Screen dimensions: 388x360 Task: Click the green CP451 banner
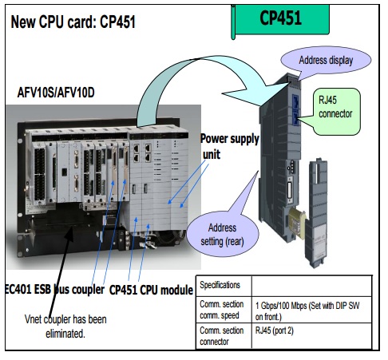tap(280, 19)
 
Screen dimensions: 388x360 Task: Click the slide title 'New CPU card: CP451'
tap(73, 22)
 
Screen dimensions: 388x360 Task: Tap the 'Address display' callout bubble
tap(326, 61)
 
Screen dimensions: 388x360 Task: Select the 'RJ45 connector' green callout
tap(335, 111)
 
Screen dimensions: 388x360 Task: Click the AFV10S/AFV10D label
tap(56, 93)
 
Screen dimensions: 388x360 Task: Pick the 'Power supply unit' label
tap(229, 146)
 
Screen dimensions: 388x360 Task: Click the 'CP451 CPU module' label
tap(151, 290)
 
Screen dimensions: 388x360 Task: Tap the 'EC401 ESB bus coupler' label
tap(54, 289)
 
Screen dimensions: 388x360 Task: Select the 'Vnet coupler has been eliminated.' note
tap(65, 326)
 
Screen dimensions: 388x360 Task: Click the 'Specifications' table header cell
tap(224, 286)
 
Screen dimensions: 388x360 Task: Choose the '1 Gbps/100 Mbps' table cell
tap(311, 311)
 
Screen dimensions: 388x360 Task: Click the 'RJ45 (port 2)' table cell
tap(311, 335)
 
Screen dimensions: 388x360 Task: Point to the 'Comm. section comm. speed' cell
tap(224, 310)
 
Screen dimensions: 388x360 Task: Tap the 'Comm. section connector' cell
tap(224, 335)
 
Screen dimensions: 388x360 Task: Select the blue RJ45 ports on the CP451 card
tap(295, 109)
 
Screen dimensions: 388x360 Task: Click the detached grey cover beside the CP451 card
tap(317, 213)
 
